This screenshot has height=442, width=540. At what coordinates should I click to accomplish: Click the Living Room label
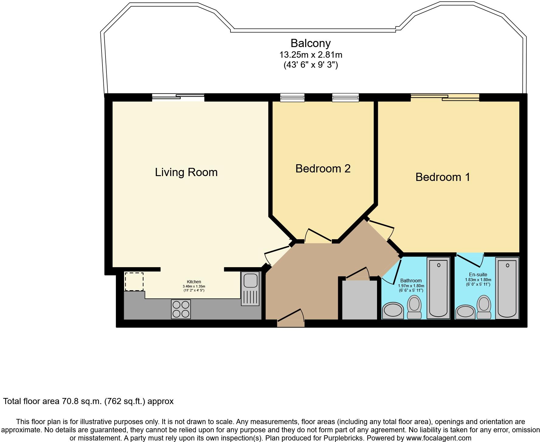point(186,172)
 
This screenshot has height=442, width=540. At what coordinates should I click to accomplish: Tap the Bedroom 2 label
point(323,168)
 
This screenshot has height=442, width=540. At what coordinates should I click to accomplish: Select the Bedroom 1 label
point(443,177)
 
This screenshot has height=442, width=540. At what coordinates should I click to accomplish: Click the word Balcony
point(310,43)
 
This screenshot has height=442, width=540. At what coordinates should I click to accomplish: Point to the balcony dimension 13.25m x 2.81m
point(311,55)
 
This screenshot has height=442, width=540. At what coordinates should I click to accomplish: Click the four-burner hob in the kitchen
point(181,309)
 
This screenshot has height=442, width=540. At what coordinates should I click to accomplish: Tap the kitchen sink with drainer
point(250,288)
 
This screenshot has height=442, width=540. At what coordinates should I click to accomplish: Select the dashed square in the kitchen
point(134,282)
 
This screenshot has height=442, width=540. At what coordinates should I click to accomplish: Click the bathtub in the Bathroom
point(438,288)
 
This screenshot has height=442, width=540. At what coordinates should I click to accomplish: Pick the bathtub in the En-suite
point(507,288)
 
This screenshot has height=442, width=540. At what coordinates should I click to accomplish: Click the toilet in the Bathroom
point(414,307)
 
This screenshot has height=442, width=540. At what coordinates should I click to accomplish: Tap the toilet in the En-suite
point(484,307)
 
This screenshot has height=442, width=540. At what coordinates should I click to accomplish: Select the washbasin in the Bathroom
point(393,311)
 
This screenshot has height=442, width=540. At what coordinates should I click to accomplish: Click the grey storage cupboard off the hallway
point(360,300)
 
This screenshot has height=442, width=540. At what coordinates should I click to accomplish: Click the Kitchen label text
point(194,282)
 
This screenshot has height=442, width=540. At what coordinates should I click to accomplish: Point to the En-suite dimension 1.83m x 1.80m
point(478,280)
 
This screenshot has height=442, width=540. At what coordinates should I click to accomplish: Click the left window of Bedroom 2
point(292,97)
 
